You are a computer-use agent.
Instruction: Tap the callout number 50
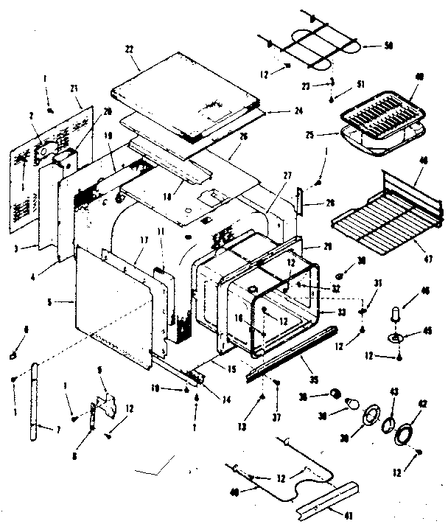388,46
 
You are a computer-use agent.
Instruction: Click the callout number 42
422,403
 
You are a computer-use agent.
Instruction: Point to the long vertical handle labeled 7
36,401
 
